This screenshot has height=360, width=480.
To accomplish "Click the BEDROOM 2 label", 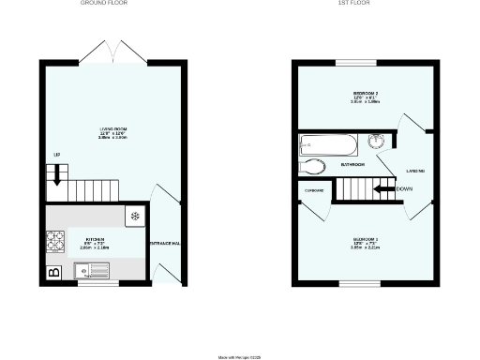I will point(366,94).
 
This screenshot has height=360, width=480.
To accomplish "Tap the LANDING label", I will point(416,170).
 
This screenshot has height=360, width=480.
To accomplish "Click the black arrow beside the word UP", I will point(56,172).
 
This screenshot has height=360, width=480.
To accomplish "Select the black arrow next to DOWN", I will point(382,189).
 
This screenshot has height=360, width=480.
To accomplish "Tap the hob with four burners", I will point(54,243).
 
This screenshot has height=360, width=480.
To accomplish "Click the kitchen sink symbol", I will point(94,271).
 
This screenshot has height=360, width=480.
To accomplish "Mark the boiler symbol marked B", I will point(53,273).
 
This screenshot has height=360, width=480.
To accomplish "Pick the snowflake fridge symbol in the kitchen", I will point(135,216).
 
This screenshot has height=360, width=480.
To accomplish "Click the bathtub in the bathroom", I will point(328,144).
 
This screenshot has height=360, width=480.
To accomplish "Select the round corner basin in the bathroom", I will point(377,142).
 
